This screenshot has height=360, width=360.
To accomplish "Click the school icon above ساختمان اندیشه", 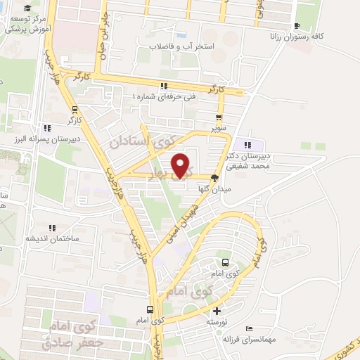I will click(x=51, y=228).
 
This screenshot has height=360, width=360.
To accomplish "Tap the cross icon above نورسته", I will click(x=217, y=311).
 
